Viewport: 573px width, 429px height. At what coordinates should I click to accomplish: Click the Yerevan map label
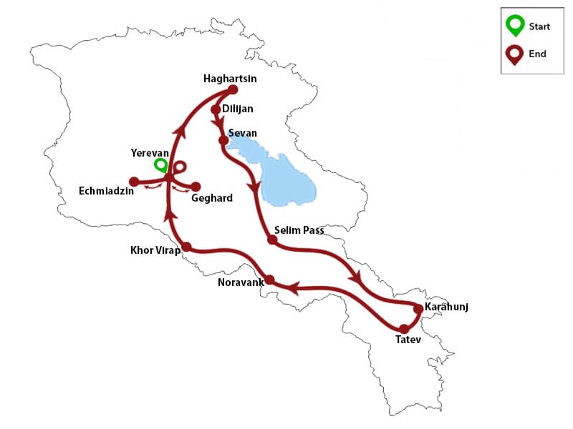click(x=150, y=153)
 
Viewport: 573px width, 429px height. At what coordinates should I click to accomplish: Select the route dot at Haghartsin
click(x=232, y=90)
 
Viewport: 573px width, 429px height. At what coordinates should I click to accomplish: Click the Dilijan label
click(x=238, y=109)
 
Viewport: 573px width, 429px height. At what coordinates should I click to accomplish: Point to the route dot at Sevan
click(x=223, y=140)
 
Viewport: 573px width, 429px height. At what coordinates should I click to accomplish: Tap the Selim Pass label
click(x=299, y=230)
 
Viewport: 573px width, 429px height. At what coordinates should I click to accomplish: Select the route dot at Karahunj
click(x=419, y=308)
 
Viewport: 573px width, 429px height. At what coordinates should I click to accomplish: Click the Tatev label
click(x=409, y=340)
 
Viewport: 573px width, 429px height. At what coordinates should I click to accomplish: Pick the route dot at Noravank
click(x=270, y=280)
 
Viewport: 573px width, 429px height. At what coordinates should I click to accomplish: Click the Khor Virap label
click(x=155, y=250)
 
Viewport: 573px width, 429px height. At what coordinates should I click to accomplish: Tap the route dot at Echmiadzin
click(x=133, y=181)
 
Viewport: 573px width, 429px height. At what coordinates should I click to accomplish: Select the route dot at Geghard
click(x=196, y=186)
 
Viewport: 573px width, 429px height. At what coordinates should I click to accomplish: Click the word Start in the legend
click(x=539, y=27)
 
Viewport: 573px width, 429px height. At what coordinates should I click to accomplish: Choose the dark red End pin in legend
click(x=514, y=55)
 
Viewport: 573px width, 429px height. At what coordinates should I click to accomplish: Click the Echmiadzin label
click(x=107, y=192)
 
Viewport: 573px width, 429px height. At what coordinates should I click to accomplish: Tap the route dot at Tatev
click(x=403, y=329)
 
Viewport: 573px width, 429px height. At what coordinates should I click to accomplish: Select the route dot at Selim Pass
click(x=272, y=240)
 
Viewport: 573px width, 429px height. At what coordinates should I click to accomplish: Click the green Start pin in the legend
click(x=514, y=26)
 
